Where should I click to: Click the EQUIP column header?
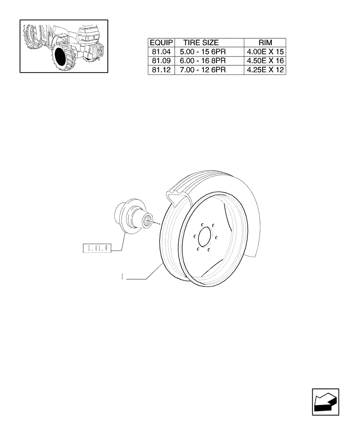pyautogui.click(x=161, y=43)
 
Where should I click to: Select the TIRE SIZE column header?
pyautogui.click(x=201, y=43)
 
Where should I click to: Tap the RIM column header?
pyautogui.click(x=265, y=43)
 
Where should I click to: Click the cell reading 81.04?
pyautogui.click(x=161, y=52)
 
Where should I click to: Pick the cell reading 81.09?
pyautogui.click(x=161, y=61)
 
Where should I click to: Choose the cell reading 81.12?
pyautogui.click(x=161, y=70)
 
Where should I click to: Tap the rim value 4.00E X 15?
pyautogui.click(x=265, y=52)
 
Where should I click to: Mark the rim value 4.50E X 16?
pyautogui.click(x=265, y=61)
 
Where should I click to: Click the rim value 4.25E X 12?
pyautogui.click(x=265, y=70)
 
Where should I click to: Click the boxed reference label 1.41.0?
pyautogui.click(x=97, y=248)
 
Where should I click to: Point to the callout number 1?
pyautogui.click(x=123, y=276)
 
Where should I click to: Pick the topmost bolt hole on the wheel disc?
pyautogui.click(x=203, y=225)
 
